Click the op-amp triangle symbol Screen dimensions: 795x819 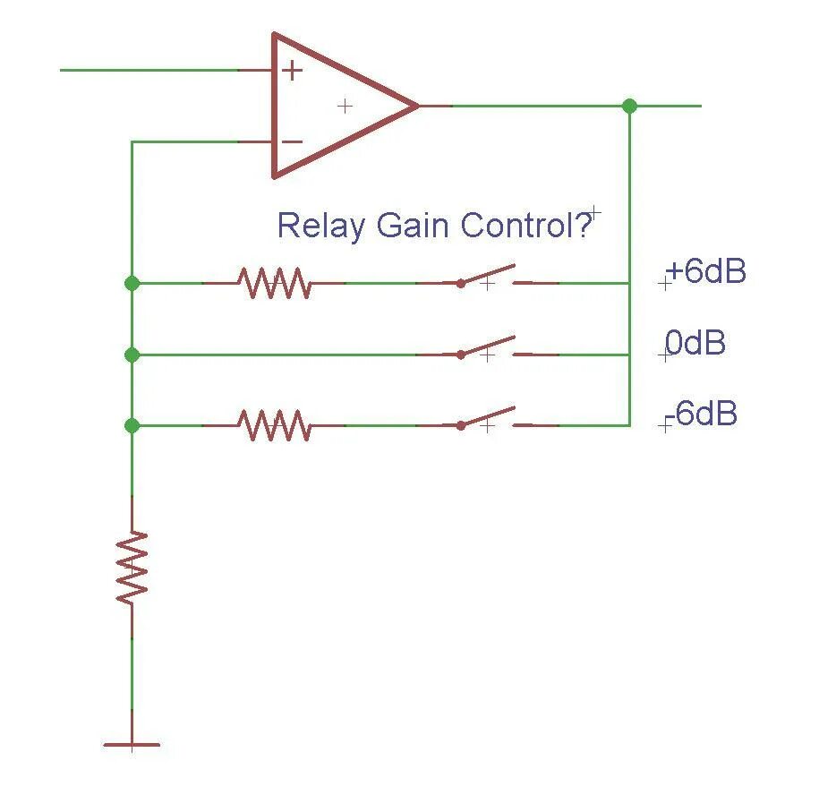point(340,106)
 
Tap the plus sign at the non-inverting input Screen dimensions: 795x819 point(293,71)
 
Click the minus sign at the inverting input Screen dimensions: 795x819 point(293,141)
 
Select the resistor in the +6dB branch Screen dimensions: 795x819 point(274,283)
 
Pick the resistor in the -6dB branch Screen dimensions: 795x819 point(274,425)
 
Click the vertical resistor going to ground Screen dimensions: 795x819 point(132,567)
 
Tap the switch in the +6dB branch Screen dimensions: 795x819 point(489,277)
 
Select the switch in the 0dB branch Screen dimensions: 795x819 point(489,348)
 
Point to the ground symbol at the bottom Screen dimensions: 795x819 point(132,743)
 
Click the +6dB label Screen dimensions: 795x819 point(706,272)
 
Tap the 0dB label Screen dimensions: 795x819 point(695,343)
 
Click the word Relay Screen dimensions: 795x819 point(321,226)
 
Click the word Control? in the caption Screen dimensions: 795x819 point(526,226)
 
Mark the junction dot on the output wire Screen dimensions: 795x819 point(629,106)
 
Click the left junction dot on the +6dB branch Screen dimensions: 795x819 point(132,283)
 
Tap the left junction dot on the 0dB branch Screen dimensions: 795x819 point(132,355)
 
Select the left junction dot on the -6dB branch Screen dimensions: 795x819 point(132,425)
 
